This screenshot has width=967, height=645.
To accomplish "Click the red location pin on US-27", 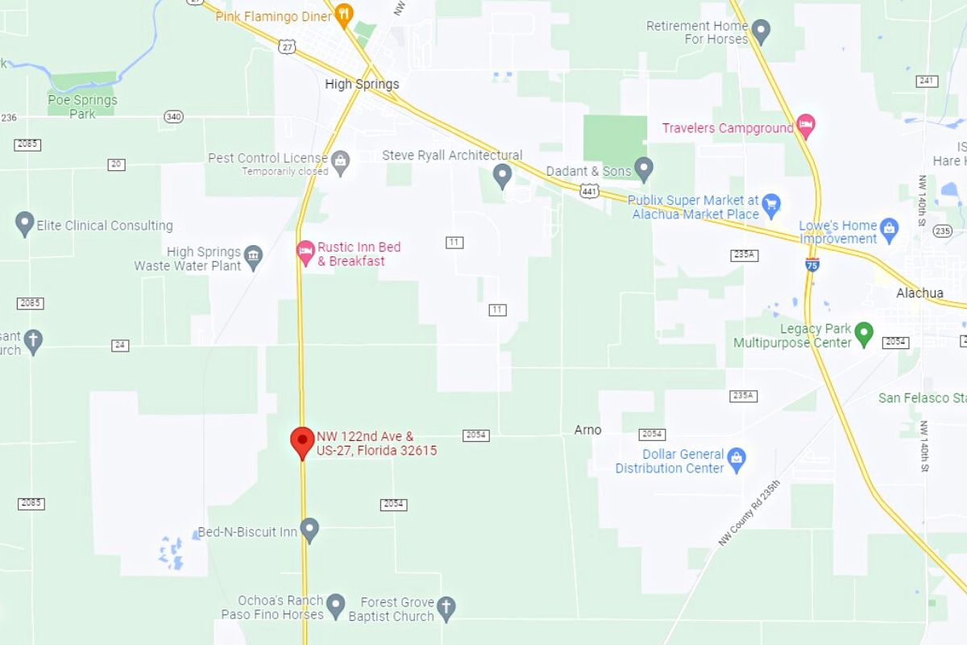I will (302, 441).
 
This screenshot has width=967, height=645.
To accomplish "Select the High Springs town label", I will (362, 84).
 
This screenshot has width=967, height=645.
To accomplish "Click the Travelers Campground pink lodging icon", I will (805, 126).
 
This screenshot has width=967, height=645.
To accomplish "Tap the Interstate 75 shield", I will (812, 264).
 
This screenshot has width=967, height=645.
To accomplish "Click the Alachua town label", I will (919, 293).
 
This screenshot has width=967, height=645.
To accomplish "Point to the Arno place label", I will (587, 430).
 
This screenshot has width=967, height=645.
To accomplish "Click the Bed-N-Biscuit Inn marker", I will (309, 530).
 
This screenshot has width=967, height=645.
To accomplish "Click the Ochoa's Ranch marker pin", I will (335, 604).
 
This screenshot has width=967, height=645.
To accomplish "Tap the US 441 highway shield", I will (588, 191).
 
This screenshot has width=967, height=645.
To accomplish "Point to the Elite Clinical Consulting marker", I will (25, 223).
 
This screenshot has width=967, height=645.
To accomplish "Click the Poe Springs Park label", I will (82, 106).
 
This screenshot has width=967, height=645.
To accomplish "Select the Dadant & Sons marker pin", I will (643, 169).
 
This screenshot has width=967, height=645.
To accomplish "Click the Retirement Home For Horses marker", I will (761, 31).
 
